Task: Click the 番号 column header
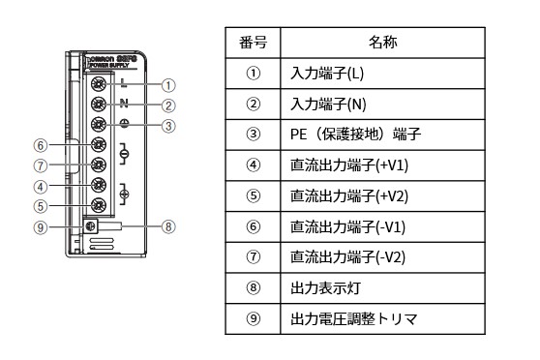point(254,43)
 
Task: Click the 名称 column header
point(382,43)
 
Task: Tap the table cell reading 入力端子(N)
point(324,104)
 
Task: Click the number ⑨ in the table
point(254,318)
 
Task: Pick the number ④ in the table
point(254,165)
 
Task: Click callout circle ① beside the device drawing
point(168,85)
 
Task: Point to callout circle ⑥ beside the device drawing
point(40,145)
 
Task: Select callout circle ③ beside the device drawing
point(168,125)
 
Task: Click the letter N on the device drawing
point(124,104)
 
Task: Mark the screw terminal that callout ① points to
point(98,84)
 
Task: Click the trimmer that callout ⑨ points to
point(89,226)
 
